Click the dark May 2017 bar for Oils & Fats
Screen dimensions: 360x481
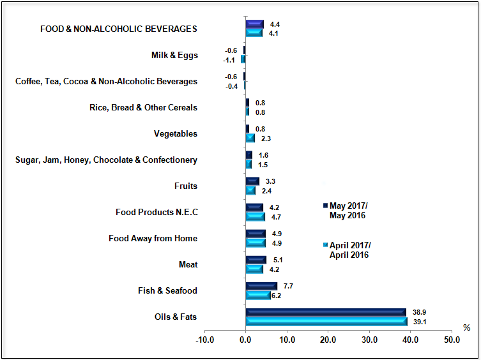(x=326, y=312)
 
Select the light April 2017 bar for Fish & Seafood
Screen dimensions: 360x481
(x=258, y=296)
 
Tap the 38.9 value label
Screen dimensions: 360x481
(x=419, y=312)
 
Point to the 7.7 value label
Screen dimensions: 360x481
(x=288, y=286)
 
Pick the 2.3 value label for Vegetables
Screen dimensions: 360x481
(x=266, y=139)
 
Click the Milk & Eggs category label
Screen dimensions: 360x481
(x=174, y=56)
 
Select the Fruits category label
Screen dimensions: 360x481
(x=186, y=186)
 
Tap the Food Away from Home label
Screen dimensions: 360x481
(x=153, y=239)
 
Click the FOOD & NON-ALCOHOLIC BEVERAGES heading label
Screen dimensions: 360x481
(x=118, y=29)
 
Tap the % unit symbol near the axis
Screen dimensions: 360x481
(x=466, y=328)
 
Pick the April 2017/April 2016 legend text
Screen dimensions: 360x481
(x=349, y=250)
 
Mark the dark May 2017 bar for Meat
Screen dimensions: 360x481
(x=256, y=260)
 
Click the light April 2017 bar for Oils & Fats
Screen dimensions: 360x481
(x=326, y=322)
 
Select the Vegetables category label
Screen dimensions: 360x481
(x=176, y=134)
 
